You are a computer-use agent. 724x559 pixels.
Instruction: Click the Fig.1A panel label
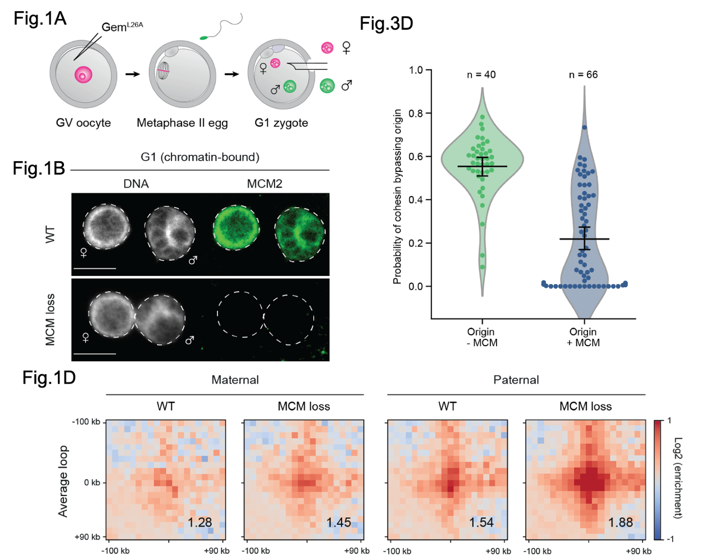tap(40, 19)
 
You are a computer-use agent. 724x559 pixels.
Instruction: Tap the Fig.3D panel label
tap(386, 24)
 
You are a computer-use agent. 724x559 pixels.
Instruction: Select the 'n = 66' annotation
tap(583, 75)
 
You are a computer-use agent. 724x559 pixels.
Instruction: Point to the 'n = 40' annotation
tap(481, 75)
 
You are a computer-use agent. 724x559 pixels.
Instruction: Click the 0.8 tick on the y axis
tap(416, 113)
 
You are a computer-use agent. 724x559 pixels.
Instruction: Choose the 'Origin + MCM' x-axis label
tap(583, 337)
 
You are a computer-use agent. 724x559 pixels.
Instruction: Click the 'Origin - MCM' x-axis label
tap(481, 337)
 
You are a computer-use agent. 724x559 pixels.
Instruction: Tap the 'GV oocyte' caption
tap(83, 122)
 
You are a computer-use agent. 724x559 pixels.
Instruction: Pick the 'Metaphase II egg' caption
tap(182, 122)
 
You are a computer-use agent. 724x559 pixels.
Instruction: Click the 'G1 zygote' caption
tap(281, 122)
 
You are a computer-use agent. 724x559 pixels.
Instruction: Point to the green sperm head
tap(203, 38)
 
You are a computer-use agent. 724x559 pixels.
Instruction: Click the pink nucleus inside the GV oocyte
tap(83, 75)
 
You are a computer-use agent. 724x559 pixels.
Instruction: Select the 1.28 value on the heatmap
tap(200, 522)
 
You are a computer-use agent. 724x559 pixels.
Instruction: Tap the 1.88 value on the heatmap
tap(621, 522)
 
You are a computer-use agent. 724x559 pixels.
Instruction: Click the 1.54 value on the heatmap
tap(481, 522)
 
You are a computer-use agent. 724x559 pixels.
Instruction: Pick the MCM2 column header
tap(265, 184)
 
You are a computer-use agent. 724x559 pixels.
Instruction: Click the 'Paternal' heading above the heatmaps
tap(516, 380)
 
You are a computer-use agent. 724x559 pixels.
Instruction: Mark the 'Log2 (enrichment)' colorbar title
tap(678, 478)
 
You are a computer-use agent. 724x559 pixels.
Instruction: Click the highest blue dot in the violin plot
tap(584, 128)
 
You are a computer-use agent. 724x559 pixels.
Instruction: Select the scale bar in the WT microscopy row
tap(94, 269)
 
